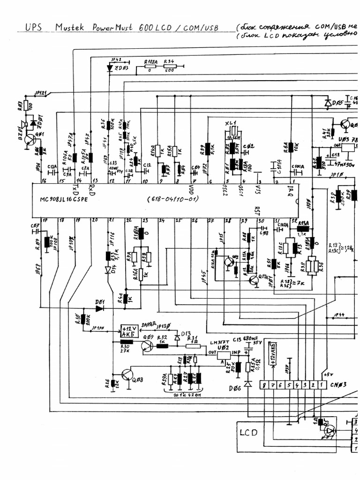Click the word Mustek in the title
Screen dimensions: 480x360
[x=70, y=28]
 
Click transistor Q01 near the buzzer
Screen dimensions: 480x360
[x=31, y=139]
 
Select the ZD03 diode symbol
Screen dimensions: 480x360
[x=110, y=68]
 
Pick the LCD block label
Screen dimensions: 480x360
[x=248, y=432]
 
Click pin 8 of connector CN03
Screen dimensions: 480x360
[x=265, y=385]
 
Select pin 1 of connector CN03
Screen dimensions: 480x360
[x=321, y=385]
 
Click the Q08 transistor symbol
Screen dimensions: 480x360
[x=127, y=375]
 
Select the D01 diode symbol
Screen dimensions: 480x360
[x=99, y=308]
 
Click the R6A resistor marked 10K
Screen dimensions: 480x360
[x=291, y=147]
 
